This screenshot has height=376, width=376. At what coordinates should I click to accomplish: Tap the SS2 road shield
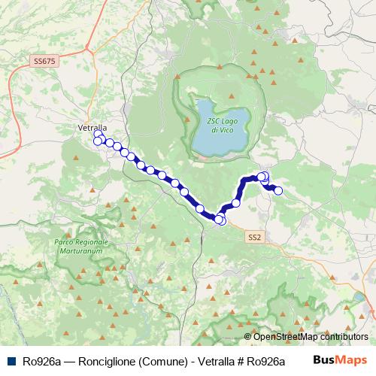pos(255,237)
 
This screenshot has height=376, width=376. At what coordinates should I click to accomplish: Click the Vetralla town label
pos(92,128)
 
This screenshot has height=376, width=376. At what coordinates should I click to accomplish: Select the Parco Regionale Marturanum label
pos(81,247)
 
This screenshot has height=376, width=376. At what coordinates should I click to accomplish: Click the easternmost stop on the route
pos(277,190)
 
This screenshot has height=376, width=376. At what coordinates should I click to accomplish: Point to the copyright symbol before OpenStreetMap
pos(248,337)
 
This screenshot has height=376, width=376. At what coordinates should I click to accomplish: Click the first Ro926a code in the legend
pos(41,362)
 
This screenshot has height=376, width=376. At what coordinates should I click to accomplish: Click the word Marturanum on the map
pos(81,253)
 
